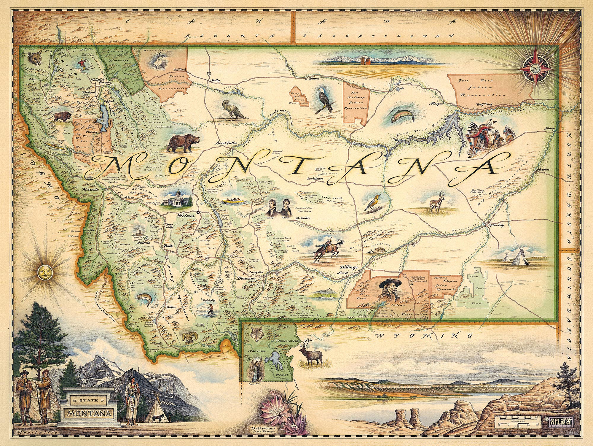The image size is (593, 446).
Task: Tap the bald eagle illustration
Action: click(x=326, y=99)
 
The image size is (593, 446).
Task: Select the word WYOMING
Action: click(x=423, y=336)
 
